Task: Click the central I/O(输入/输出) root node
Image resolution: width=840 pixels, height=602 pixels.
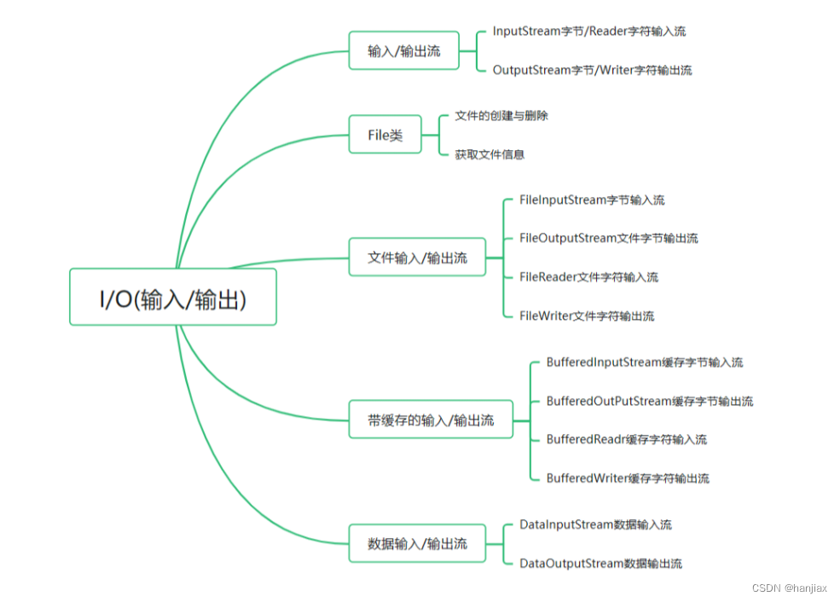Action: pos(172,297)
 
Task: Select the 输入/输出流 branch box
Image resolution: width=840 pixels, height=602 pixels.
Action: pos(404,51)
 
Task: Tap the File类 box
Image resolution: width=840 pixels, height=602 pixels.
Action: pos(385,135)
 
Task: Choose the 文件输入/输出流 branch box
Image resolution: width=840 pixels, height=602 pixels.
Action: pos(417,258)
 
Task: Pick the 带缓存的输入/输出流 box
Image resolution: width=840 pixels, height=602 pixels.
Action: pos(431,420)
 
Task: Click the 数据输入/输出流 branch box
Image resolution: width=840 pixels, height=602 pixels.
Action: pos(417,543)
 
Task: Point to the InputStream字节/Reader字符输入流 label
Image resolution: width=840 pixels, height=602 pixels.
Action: pos(588,32)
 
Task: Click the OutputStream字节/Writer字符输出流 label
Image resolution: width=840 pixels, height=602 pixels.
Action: pos(592,71)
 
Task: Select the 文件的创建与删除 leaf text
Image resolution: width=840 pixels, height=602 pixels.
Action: pos(501,115)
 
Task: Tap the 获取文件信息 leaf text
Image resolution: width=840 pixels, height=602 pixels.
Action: pos(490,154)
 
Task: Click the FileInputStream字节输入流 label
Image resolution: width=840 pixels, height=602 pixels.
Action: pos(592,200)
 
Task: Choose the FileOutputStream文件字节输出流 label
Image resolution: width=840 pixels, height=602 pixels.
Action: pos(608,239)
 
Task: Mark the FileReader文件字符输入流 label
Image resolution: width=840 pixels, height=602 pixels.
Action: pos(588,277)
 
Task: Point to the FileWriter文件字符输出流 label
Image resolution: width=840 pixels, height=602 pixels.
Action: pos(587,316)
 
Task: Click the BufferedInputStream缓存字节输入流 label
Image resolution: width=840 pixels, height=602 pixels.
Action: pos(644,362)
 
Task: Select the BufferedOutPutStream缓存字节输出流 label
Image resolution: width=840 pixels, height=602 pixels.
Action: pos(649,402)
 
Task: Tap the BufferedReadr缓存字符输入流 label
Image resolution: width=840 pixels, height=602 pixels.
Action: pos(626,440)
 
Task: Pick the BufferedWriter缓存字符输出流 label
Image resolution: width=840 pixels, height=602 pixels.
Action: pos(628,478)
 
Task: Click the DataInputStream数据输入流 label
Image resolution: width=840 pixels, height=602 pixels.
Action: pos(595,525)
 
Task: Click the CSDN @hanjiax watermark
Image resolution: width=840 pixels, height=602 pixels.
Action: pos(790,588)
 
